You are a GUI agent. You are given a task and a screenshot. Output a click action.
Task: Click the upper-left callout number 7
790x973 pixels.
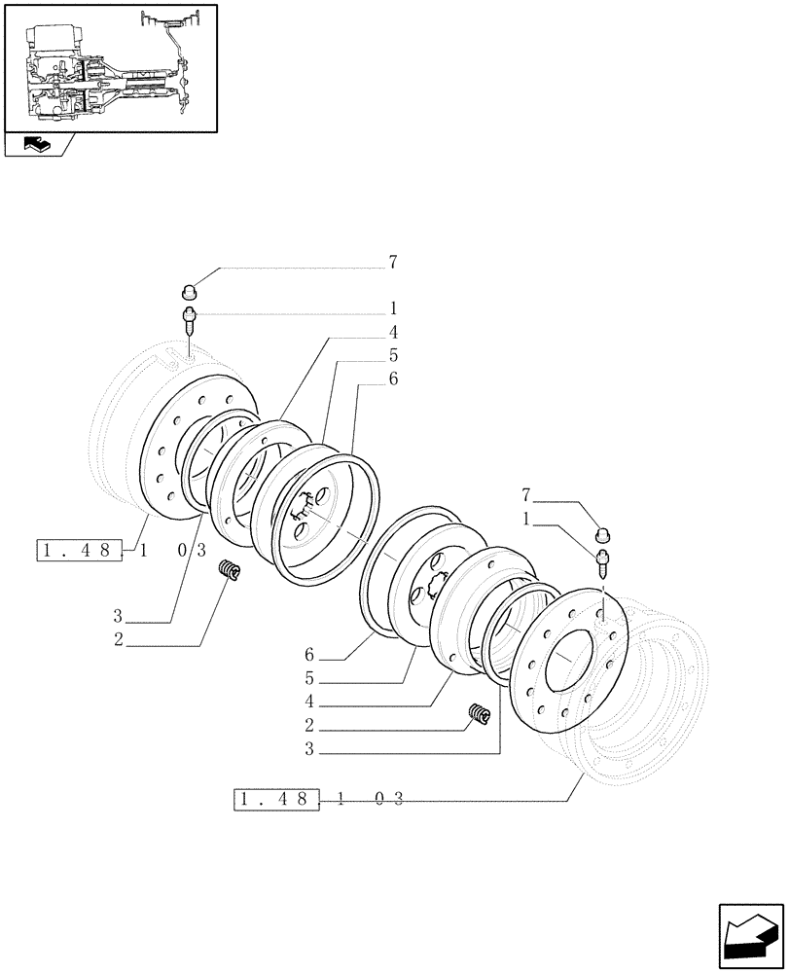click(393, 263)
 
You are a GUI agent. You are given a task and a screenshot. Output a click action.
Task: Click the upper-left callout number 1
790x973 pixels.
click(393, 309)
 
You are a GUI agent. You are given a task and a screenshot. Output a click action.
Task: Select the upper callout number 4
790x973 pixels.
click(393, 333)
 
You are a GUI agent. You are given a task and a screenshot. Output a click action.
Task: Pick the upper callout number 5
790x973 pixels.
click(393, 356)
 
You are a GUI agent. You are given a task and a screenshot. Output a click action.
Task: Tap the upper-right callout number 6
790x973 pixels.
click(393, 380)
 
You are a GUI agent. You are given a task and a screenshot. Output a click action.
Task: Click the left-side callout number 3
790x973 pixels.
click(118, 616)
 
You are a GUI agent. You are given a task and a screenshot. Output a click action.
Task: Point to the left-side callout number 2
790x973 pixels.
click(118, 639)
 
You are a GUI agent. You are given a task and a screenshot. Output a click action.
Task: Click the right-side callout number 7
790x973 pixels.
click(527, 497)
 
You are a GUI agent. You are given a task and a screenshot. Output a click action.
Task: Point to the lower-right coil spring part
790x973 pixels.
click(480, 714)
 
